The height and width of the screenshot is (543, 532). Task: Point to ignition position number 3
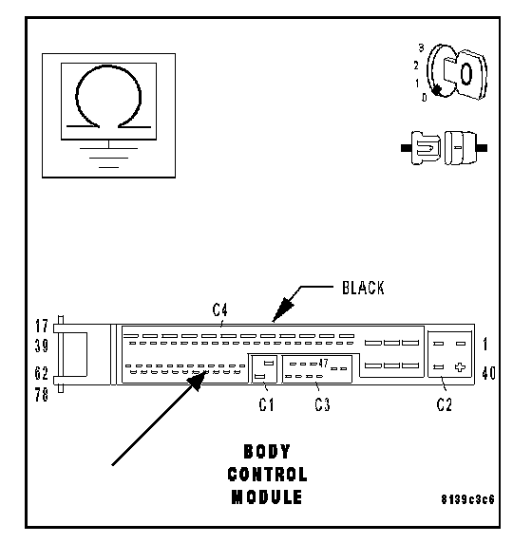(x=421, y=47)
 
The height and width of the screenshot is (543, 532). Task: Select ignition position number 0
(x=424, y=98)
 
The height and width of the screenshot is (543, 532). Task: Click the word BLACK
(x=363, y=288)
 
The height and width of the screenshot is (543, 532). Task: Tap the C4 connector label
(x=220, y=309)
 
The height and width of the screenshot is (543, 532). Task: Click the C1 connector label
(x=266, y=404)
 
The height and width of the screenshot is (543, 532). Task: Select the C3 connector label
(x=322, y=404)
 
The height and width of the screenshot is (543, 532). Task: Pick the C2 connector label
(x=445, y=404)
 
